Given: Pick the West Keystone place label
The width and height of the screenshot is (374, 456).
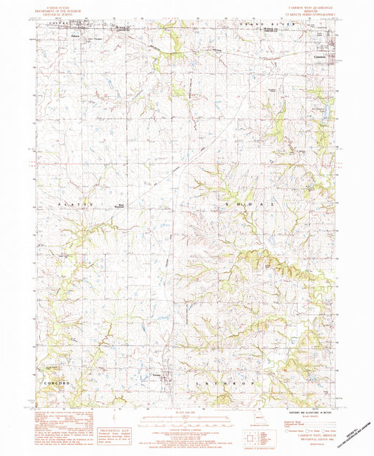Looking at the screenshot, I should click(119, 206).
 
